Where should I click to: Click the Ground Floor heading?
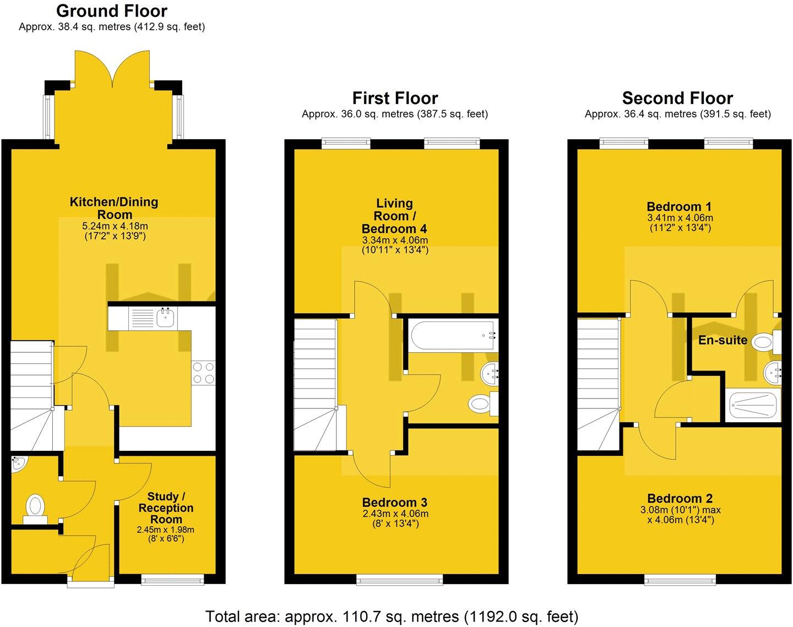pos(112,10)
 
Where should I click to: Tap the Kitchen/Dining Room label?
pos(114,208)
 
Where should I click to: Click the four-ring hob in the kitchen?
pos(203,373)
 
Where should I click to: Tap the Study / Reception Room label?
pos(166,508)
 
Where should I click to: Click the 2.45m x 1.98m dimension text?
pos(166,530)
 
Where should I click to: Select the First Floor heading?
pos(395,98)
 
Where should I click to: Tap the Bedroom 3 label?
pos(395,502)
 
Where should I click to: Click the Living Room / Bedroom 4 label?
pos(395,216)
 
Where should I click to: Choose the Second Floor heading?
pos(677,98)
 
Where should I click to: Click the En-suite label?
pos(723,340)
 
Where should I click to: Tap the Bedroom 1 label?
pos(679,207)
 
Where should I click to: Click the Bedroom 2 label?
pos(680,499)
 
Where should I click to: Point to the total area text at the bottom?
pos(392,616)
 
